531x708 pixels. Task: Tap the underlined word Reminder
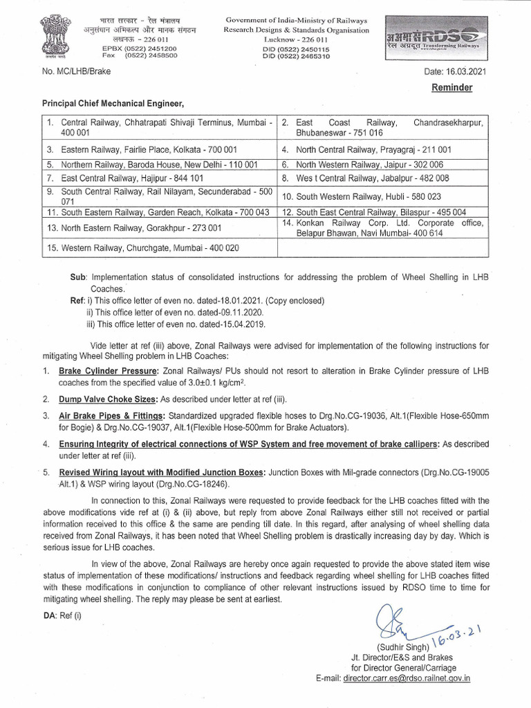coord(452,88)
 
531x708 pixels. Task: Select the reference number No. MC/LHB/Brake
coord(76,72)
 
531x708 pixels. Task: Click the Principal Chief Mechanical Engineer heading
coord(114,104)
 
